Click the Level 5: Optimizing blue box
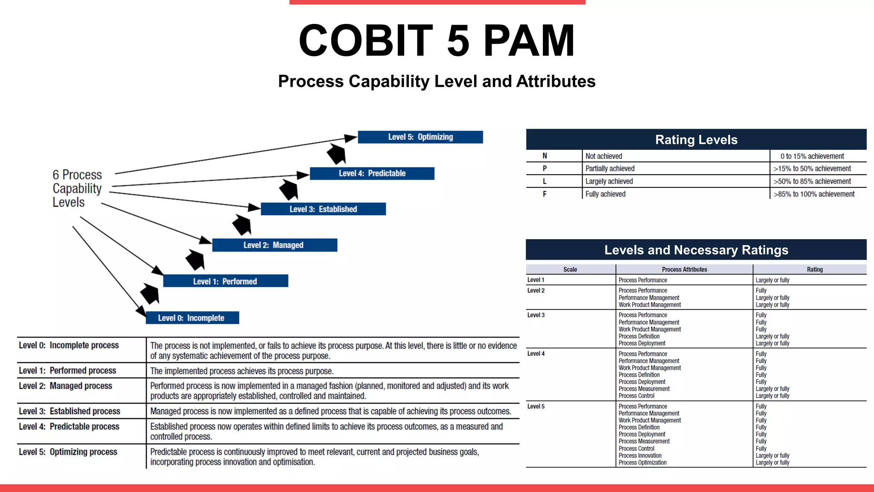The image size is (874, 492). click(x=420, y=137)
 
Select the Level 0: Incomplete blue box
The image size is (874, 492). click(x=192, y=318)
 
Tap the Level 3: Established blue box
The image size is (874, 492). click(x=323, y=209)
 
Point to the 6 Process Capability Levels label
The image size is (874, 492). click(x=77, y=188)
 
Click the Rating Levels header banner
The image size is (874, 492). click(x=696, y=140)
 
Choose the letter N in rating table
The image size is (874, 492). click(x=545, y=156)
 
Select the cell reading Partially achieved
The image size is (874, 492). click(x=610, y=169)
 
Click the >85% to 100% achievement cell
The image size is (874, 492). click(x=814, y=194)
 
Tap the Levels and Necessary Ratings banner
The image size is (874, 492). click(x=696, y=250)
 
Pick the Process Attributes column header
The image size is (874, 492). click(x=684, y=269)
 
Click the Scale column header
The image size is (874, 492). click(x=570, y=269)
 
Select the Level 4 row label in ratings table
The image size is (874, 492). click(x=536, y=354)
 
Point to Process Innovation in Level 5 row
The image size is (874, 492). click(x=640, y=456)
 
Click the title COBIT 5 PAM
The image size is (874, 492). click(x=437, y=41)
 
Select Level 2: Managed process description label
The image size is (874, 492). click(x=65, y=386)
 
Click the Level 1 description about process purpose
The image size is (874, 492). click(x=242, y=371)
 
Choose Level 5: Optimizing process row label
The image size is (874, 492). click(x=68, y=452)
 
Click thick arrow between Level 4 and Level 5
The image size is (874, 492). click(x=336, y=154)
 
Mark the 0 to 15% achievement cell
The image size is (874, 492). click(x=812, y=156)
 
